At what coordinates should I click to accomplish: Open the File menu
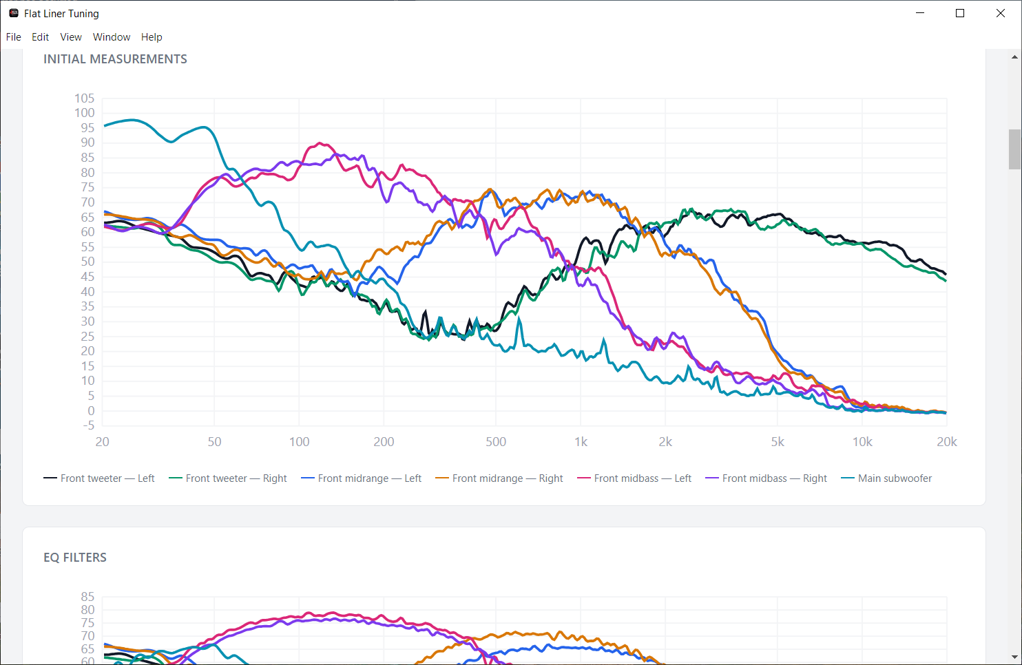pos(13,37)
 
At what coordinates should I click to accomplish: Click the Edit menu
pos(40,37)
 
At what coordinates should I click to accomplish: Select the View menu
pos(71,37)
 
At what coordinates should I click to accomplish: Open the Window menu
pos(112,37)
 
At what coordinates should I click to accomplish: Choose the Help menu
pos(152,37)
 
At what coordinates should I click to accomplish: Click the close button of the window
pos(1000,13)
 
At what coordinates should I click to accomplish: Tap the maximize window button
pos(960,13)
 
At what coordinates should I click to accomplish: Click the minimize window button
pos(920,13)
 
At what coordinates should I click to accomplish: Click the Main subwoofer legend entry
pos(886,478)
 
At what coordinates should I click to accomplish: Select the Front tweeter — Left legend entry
pos(99,478)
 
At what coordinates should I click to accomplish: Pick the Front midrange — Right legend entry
pos(499,478)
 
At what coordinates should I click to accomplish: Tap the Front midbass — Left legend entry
pos(634,478)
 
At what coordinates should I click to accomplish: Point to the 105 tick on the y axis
pos(85,98)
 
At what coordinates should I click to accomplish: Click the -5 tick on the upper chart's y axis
pos(89,425)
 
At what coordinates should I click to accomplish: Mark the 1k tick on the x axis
pos(581,441)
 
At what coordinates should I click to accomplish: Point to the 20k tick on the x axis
pos(947,441)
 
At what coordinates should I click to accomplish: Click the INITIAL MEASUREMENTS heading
pos(115,59)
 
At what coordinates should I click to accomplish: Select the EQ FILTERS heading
pos(75,558)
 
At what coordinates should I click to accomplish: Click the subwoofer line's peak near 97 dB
pos(132,120)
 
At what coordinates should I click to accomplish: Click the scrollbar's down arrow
pos(1014,657)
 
